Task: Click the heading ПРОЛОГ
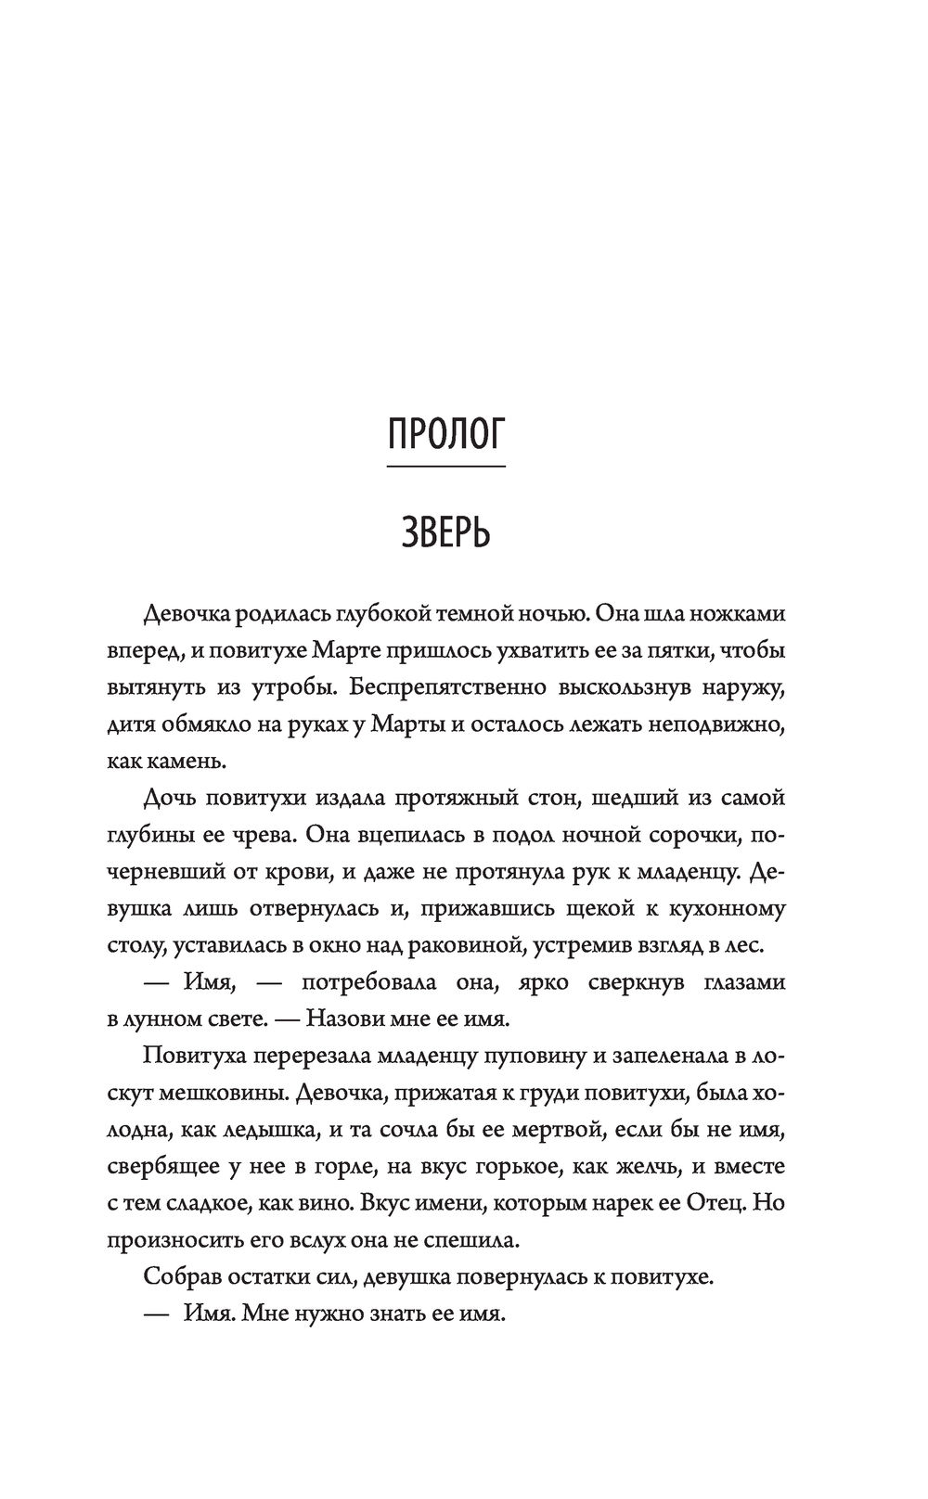click(x=445, y=434)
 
